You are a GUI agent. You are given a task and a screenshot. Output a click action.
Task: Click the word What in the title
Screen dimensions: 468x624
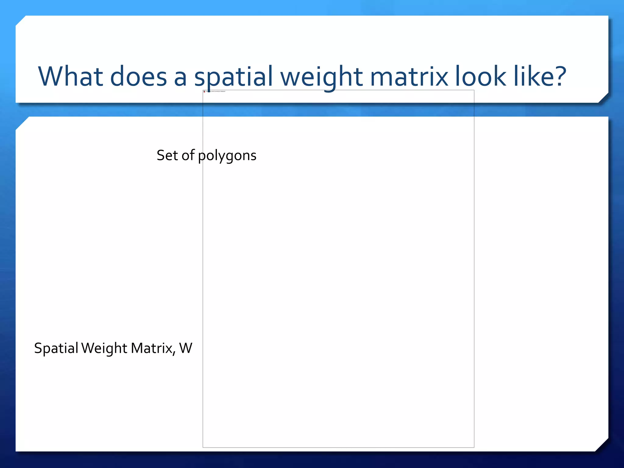click(x=70, y=76)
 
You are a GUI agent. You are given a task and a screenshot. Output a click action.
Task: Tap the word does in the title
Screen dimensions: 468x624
click(x=138, y=76)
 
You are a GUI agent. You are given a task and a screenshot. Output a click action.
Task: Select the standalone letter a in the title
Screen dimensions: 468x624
click(x=180, y=77)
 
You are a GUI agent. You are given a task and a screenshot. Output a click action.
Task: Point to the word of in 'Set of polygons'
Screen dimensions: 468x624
click(x=188, y=155)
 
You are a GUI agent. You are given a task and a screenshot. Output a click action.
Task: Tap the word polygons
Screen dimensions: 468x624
click(x=227, y=156)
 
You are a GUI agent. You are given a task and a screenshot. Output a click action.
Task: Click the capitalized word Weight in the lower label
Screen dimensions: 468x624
click(x=104, y=348)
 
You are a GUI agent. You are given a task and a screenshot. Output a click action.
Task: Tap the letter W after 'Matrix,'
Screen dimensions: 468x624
click(x=186, y=348)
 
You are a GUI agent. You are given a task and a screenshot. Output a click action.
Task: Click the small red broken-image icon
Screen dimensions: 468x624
click(x=204, y=91)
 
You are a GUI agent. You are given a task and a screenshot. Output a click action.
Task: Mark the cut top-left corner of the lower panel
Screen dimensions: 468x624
click(x=22, y=123)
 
